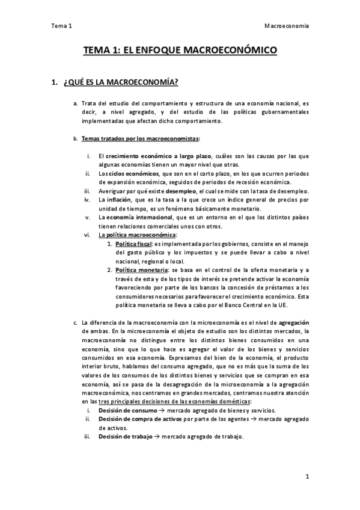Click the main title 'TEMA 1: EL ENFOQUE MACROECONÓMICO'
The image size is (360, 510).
[x=180, y=52]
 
